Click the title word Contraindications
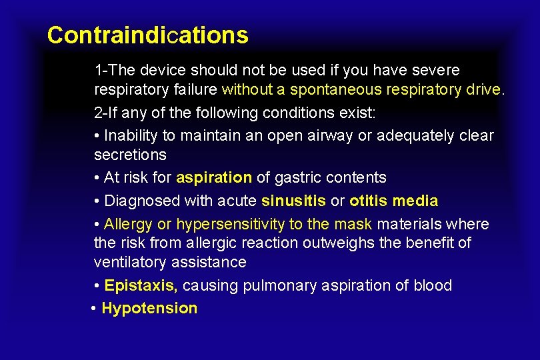[x=147, y=35]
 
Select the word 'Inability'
[x=131, y=135]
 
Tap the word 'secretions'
[x=130, y=155]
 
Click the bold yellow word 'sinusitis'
[x=293, y=201]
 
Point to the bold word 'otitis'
[x=369, y=201]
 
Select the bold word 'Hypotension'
[x=149, y=308]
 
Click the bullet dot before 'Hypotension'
[x=94, y=309]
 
